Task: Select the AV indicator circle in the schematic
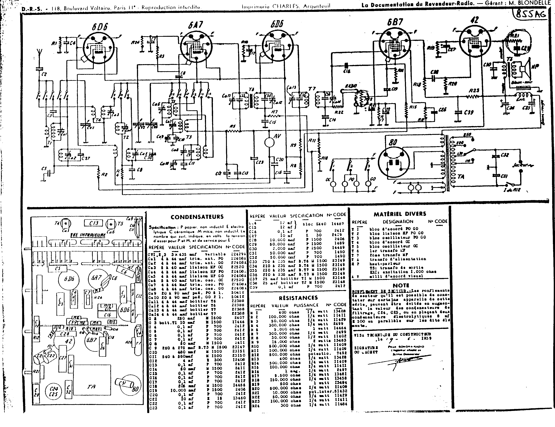tap(270, 142)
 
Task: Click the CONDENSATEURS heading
tap(197, 217)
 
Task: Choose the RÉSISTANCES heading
tap(298, 298)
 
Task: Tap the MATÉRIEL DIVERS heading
tap(400, 214)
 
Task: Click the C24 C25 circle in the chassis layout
tap(54, 391)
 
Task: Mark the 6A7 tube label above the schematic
tap(195, 25)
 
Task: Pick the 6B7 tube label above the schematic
tap(395, 22)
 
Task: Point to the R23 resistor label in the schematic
tap(474, 90)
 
